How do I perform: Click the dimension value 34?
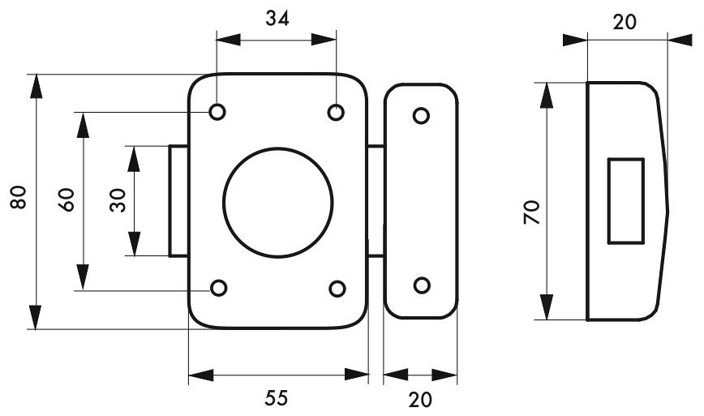(277, 19)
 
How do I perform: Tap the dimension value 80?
(19, 197)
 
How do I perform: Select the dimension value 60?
(66, 199)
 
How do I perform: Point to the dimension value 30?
(118, 200)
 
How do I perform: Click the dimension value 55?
(276, 398)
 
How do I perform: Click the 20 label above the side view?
(625, 22)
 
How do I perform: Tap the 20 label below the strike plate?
(420, 400)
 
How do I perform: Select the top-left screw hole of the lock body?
(217, 112)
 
